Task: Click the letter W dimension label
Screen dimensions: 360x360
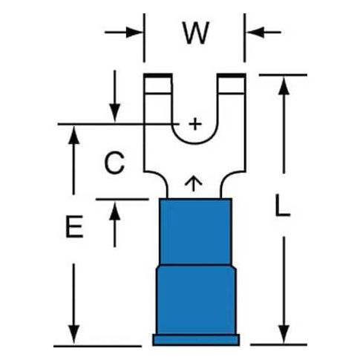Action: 196,33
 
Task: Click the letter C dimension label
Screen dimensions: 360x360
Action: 114,163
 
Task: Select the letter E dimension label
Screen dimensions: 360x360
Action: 74,226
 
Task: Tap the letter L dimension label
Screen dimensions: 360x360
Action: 283,206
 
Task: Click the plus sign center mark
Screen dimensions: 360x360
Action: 195,124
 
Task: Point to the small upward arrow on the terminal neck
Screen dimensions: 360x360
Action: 194,183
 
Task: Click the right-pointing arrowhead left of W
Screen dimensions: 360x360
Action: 134,32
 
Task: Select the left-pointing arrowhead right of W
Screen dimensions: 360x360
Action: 255,32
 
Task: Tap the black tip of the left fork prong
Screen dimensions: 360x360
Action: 158,76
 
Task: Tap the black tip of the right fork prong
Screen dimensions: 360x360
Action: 232,76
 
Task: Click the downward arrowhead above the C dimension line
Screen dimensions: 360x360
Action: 115,113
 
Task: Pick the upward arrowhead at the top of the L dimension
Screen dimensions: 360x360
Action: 284,85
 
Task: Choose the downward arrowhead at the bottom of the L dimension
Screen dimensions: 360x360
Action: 284,335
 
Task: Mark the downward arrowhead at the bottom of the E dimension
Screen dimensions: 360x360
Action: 73,335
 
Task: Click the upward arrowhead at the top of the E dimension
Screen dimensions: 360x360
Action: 73,135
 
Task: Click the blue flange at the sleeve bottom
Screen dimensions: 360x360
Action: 196,340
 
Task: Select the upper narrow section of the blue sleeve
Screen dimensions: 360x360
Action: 196,232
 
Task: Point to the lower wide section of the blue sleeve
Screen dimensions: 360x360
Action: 196,300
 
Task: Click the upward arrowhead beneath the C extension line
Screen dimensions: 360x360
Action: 115,211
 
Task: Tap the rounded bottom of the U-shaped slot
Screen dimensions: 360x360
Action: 195,143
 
